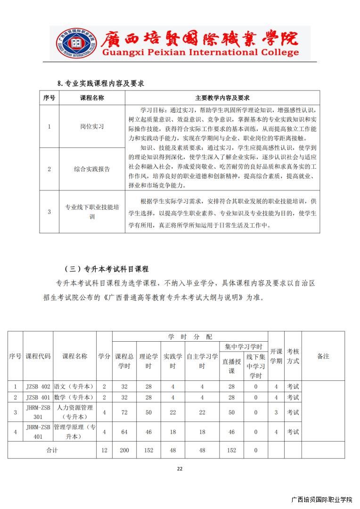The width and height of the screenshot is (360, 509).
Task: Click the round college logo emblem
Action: click(x=76, y=43)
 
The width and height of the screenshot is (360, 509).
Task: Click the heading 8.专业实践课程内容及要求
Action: click(x=100, y=83)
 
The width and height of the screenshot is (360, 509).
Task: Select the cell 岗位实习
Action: click(x=92, y=126)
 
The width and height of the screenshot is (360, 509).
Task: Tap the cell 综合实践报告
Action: click(x=92, y=169)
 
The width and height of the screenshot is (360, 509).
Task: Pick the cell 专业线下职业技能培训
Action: click(x=92, y=212)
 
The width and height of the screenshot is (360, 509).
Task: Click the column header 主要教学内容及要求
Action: click(x=222, y=98)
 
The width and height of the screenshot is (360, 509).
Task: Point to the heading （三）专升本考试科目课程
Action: click(x=106, y=269)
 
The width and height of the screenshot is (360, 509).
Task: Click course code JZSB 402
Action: click(x=38, y=386)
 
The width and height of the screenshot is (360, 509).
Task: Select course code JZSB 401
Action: click(x=38, y=397)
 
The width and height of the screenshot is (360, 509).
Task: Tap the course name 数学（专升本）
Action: click(x=74, y=397)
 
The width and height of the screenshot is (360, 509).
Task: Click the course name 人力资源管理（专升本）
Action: click(x=74, y=412)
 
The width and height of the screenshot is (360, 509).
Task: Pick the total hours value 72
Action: click(x=124, y=412)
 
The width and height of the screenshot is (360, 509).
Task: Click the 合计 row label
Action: click(x=52, y=450)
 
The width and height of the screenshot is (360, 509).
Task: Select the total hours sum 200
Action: click(x=124, y=450)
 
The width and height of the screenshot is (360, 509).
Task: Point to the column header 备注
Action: click(x=323, y=356)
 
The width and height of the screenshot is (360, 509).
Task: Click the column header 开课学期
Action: click(x=276, y=356)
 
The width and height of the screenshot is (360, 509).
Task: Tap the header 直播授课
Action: click(x=231, y=366)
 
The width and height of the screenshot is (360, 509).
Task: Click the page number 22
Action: click(x=180, y=468)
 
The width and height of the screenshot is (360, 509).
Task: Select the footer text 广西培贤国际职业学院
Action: click(x=322, y=500)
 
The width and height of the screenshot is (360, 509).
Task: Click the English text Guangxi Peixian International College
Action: click(x=201, y=52)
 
